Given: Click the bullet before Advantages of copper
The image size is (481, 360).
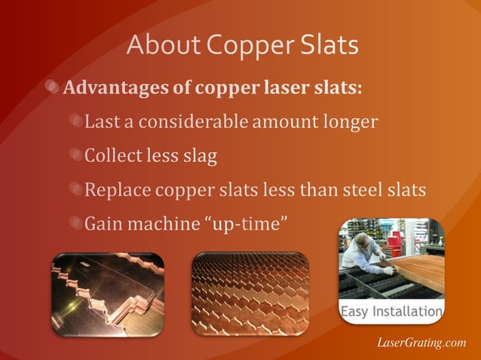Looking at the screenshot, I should [x=53, y=87].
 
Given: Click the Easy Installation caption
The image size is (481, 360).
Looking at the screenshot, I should [x=391, y=311].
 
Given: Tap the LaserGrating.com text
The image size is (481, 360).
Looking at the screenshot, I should [x=421, y=343].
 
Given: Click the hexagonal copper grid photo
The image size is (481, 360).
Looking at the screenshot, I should [x=250, y=294].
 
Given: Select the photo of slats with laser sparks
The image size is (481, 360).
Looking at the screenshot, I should [x=107, y=294].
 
